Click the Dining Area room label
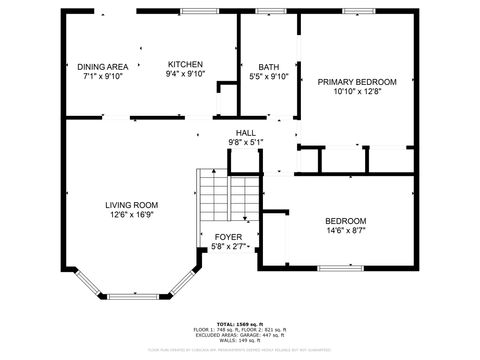pos(102,66)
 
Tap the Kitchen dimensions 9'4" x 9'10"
pos(185,74)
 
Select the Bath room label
pos(268,66)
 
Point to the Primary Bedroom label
pos(357,82)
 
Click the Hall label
pos(245,133)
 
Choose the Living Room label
pos(132,205)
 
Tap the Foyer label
pos(229,237)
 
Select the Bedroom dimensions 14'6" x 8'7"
pos(345,231)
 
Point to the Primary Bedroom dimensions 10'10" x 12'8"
pos(357,92)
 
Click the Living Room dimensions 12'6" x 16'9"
pos(132,214)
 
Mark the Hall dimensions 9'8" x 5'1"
pos(245,142)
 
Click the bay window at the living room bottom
pos(132,295)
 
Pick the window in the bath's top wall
pos(268,11)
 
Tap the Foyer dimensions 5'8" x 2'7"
pos(229,246)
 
